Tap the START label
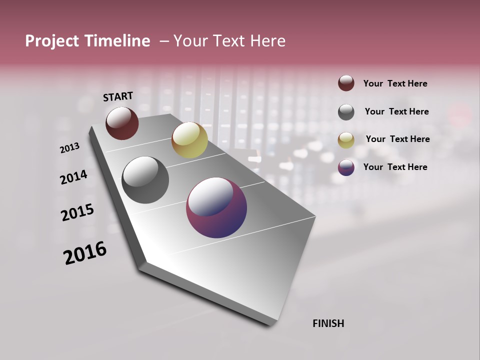point(118,96)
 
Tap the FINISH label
point(328,323)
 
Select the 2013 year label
point(69,148)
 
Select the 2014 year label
point(73,177)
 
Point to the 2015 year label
point(77,212)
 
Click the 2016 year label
point(85,253)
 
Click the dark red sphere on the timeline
point(122,123)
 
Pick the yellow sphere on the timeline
point(189,140)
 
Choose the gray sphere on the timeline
point(145,180)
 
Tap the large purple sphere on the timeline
point(216,207)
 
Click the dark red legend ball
point(346,83)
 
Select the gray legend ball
point(346,112)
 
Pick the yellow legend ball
point(346,140)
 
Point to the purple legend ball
point(346,167)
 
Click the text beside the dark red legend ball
point(395,84)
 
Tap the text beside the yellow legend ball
point(397,139)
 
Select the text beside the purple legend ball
point(395,167)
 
